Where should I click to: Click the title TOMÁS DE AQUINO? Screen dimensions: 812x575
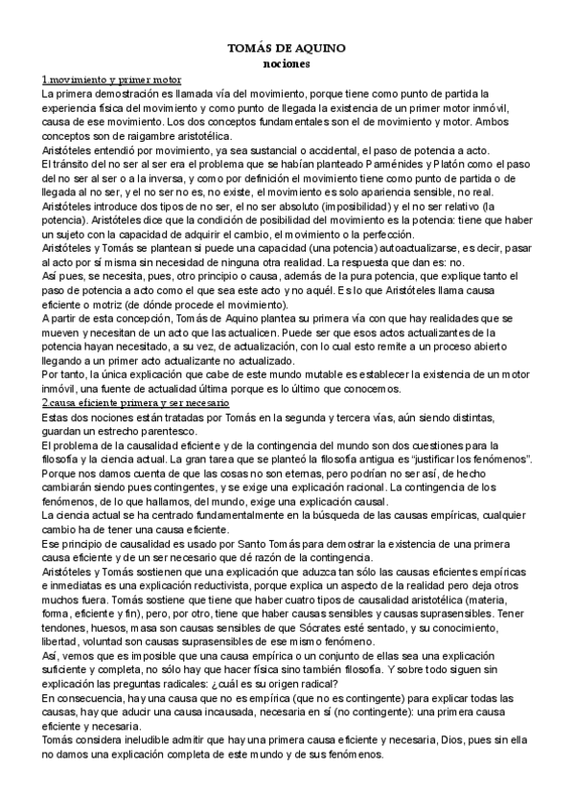click(287, 47)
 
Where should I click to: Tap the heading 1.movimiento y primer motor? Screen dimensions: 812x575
click(112, 79)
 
